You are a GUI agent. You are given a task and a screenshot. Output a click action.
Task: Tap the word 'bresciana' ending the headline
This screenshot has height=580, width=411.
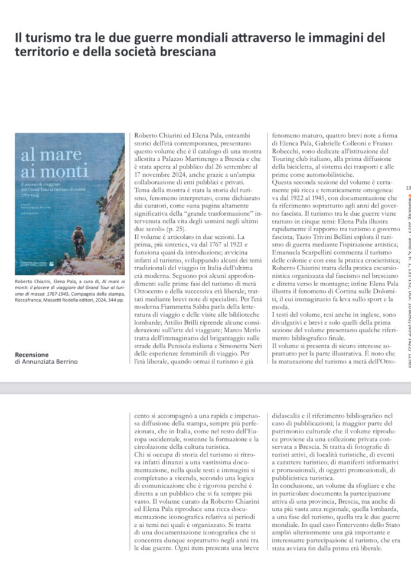coord(185,52)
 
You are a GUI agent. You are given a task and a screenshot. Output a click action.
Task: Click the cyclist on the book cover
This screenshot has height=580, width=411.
coord(79,243)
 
